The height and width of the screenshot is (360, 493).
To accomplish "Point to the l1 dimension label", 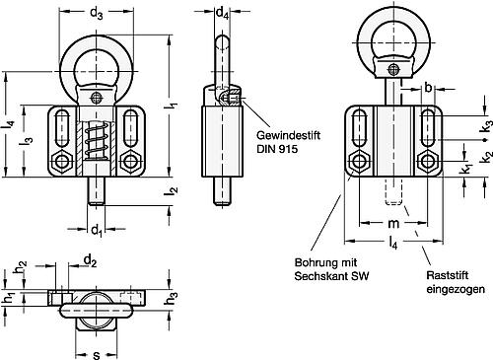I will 174,107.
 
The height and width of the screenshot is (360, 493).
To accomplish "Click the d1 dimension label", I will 96,232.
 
